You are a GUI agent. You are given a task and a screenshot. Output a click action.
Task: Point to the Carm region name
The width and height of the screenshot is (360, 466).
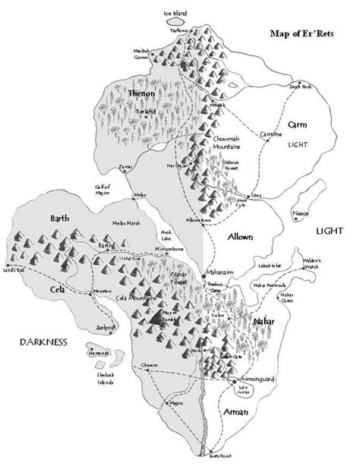(297, 122)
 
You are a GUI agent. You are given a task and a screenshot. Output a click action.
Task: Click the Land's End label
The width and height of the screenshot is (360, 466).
(14, 272)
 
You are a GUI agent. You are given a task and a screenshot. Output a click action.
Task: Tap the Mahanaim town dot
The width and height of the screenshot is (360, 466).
(208, 279)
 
